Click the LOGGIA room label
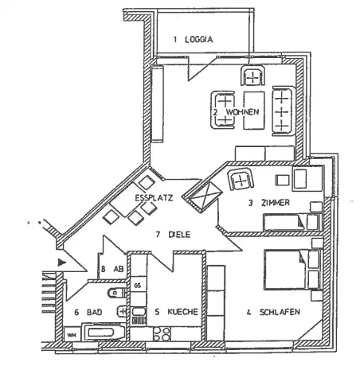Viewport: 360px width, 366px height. [199, 40]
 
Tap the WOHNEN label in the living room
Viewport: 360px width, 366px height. [242, 111]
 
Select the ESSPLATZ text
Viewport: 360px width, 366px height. [154, 198]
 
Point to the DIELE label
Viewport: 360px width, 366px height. [179, 235]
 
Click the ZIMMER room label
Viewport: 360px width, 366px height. [276, 203]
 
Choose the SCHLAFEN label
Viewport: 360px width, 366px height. [280, 312]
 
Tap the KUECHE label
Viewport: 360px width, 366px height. [182, 312]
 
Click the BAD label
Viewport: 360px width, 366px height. [94, 312]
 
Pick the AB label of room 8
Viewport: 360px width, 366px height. [119, 269]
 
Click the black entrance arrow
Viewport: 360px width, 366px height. [61, 263]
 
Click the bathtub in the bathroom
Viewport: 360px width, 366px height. [104, 332]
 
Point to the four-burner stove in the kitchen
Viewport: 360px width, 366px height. [162, 334]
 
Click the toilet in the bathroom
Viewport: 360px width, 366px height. [116, 293]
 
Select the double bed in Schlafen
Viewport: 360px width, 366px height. [292, 269]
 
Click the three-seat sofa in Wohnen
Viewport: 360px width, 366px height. [283, 111]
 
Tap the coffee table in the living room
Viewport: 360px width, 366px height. [254, 111]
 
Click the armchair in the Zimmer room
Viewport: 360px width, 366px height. [241, 180]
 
